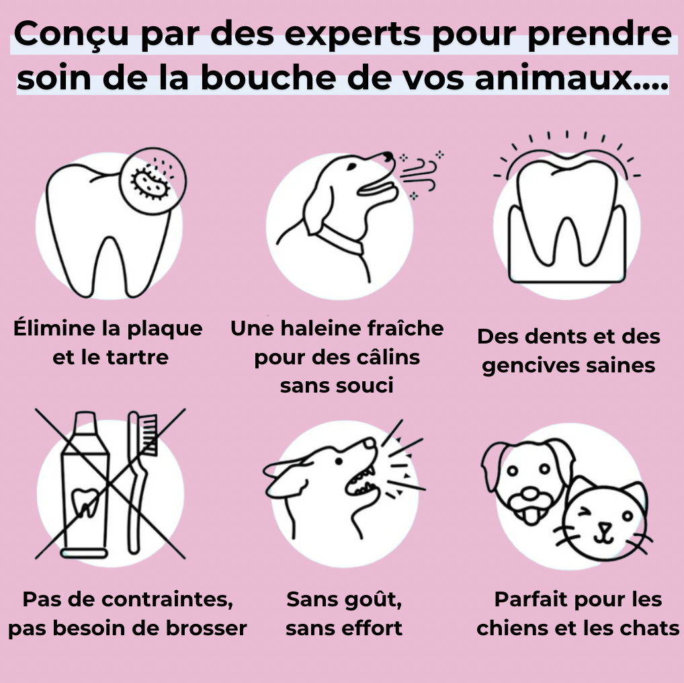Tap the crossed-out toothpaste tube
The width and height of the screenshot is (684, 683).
tap(85, 484)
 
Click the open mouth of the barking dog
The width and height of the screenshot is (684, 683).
tap(363, 474)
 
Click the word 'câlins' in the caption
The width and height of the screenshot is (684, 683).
tap(388, 357)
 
